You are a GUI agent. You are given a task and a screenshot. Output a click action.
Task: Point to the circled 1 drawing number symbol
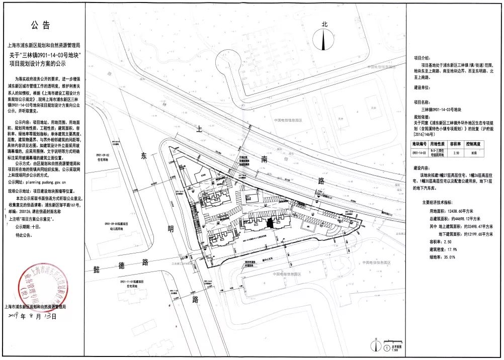[x=385, y=346]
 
